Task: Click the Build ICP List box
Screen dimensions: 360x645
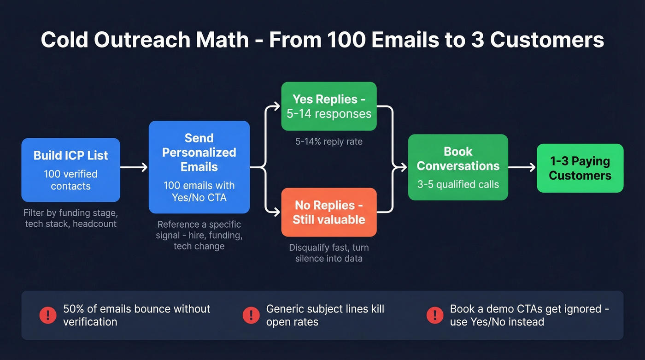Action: click(70, 170)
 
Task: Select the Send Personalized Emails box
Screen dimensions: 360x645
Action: click(199, 167)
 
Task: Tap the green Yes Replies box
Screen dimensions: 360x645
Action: click(329, 106)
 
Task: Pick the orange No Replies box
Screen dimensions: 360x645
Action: click(329, 212)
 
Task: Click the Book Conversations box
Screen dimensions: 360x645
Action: click(458, 167)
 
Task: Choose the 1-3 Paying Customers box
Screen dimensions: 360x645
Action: click(580, 168)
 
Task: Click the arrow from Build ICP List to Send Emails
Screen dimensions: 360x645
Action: click(134, 167)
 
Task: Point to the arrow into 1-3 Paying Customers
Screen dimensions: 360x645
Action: click(522, 168)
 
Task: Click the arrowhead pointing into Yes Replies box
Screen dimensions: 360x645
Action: click(277, 107)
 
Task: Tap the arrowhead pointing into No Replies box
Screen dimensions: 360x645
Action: click(277, 212)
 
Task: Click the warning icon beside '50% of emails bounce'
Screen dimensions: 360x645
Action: click(48, 315)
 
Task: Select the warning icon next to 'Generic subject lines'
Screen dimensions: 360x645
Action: click(251, 315)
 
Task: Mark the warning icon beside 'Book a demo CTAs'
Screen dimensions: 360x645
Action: click(435, 315)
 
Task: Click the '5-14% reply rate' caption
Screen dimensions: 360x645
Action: click(329, 142)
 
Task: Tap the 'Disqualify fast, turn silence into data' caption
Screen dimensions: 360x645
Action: click(329, 253)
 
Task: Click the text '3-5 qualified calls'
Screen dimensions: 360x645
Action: click(458, 184)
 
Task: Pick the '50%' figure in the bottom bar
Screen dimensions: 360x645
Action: click(74, 309)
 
